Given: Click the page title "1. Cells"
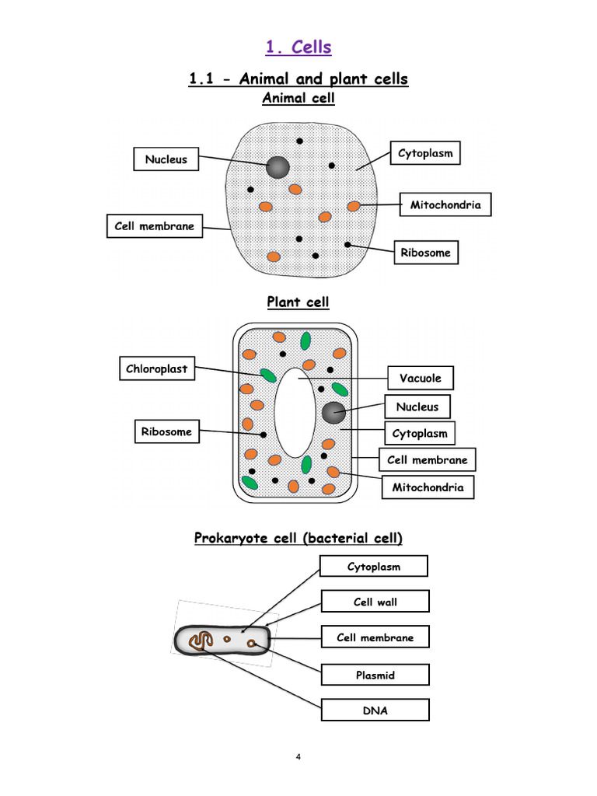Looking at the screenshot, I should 298,47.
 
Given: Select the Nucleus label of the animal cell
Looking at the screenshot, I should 166,159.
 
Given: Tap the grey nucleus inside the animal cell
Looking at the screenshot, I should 278,166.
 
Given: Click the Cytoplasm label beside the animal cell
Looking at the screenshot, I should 424,154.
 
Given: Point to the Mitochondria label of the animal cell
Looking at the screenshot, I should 445,205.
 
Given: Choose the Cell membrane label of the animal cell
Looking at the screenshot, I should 155,226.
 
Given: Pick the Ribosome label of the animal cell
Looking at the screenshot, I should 425,252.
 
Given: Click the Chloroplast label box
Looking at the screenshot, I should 157,369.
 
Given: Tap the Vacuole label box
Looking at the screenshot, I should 420,379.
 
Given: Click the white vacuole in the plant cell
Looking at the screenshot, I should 295,413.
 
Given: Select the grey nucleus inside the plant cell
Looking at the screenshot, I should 333,413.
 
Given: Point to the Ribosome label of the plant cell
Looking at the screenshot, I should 166,431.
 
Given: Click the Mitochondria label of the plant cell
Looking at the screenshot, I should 428,487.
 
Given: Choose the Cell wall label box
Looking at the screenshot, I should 375,602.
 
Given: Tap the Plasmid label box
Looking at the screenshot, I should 375,675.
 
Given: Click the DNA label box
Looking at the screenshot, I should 375,710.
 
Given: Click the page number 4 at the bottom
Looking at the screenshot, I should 298,757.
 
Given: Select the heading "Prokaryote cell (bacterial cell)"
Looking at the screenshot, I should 298,538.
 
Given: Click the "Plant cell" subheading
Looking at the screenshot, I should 298,302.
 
